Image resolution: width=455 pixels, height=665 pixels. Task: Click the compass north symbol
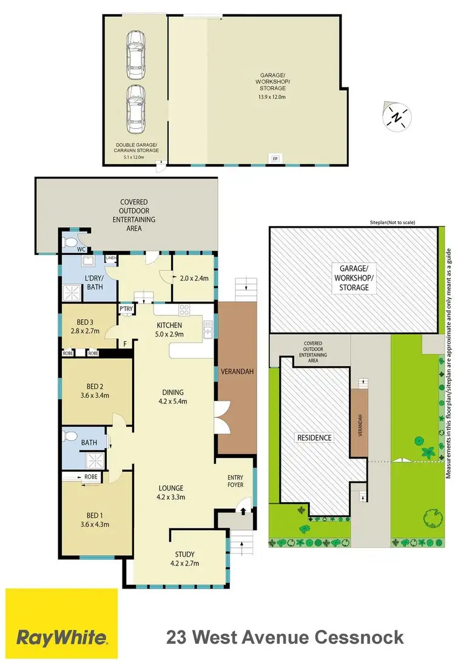(x=396, y=116)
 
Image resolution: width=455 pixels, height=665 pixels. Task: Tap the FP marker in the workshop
(x=275, y=159)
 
